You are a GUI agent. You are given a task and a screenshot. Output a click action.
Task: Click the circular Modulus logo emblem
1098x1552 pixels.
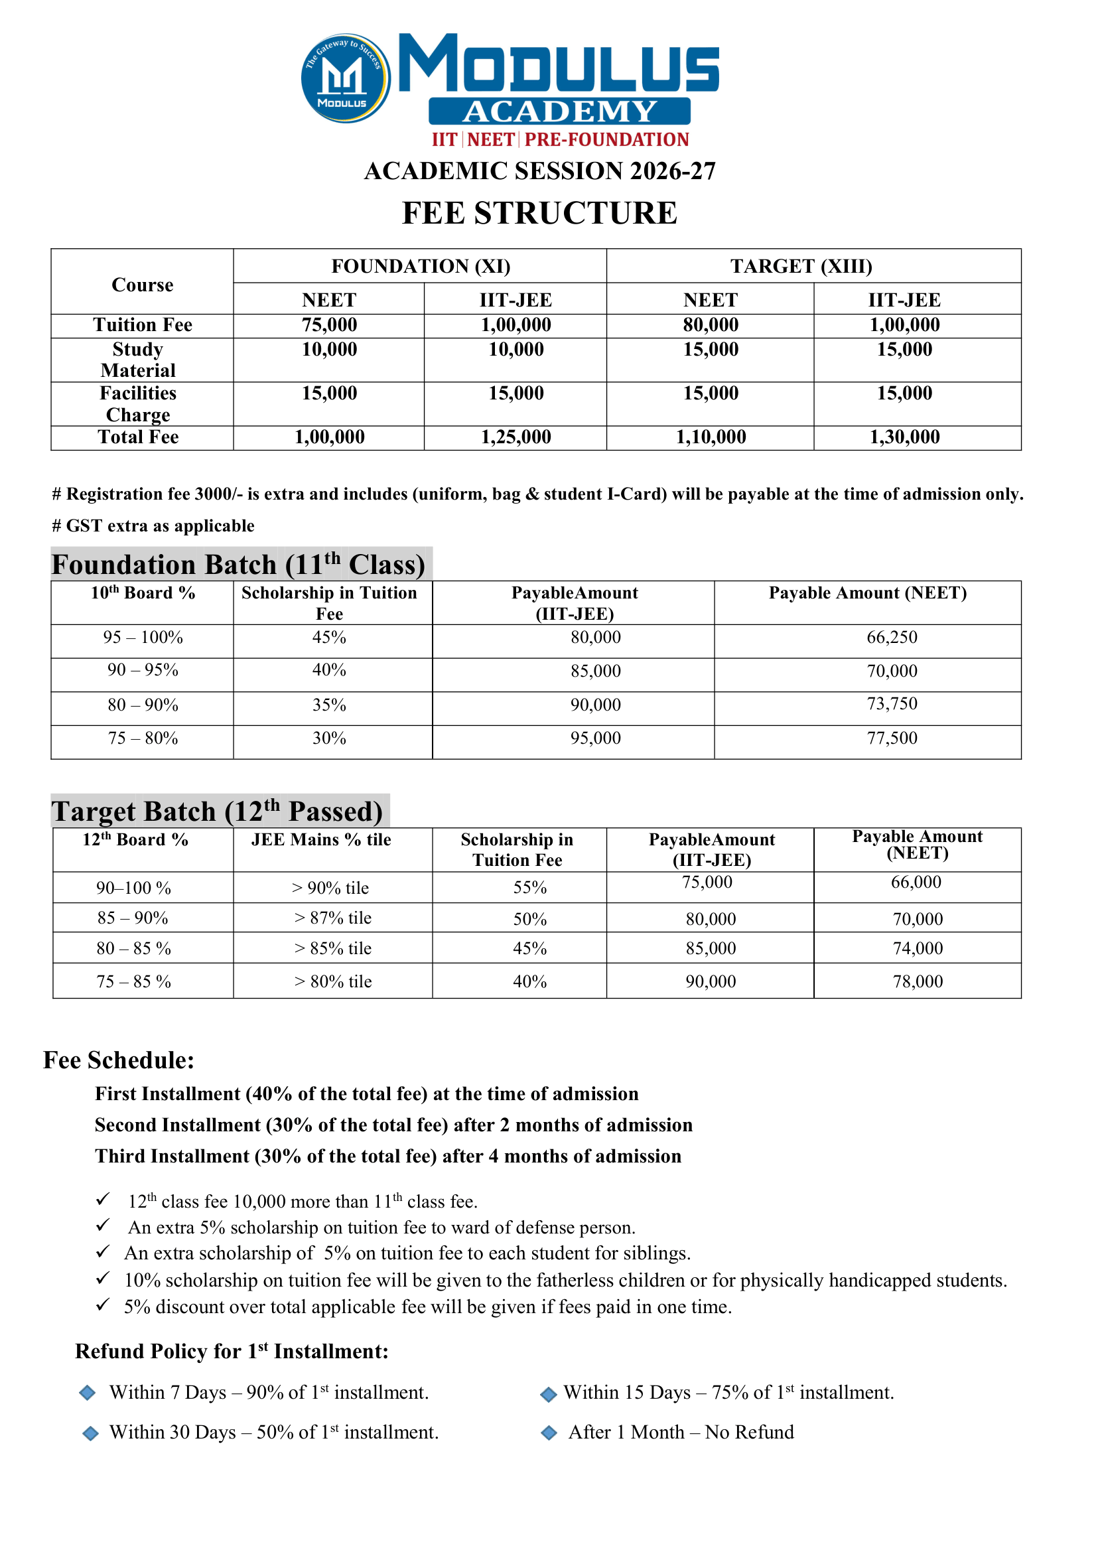pyautogui.click(x=346, y=78)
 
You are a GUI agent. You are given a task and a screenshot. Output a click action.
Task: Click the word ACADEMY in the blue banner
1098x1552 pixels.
pyautogui.click(x=560, y=111)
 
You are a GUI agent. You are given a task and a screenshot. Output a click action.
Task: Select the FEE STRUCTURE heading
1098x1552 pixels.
pyautogui.click(x=539, y=213)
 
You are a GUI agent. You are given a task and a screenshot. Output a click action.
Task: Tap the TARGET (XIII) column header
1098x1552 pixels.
pyautogui.click(x=801, y=267)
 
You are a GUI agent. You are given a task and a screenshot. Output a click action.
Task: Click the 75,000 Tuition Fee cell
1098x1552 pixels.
pyautogui.click(x=329, y=325)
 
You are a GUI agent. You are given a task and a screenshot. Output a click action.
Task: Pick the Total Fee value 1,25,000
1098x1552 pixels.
pyautogui.click(x=516, y=437)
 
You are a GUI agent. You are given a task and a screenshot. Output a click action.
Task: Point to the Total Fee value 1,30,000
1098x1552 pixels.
pyautogui.click(x=904, y=437)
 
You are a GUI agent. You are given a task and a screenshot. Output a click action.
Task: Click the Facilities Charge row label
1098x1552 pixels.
pyautogui.click(x=139, y=403)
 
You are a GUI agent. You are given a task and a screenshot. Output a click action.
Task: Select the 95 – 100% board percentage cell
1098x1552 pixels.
pyautogui.click(x=143, y=638)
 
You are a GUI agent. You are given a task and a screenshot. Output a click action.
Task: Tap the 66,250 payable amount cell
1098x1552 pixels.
pyautogui.click(x=892, y=638)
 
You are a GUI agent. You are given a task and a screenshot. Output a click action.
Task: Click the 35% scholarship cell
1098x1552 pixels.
pyautogui.click(x=329, y=705)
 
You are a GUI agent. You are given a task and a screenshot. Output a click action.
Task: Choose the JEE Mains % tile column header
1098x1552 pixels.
pyautogui.click(x=321, y=840)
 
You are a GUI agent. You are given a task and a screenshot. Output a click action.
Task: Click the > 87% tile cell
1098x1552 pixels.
pyautogui.click(x=332, y=918)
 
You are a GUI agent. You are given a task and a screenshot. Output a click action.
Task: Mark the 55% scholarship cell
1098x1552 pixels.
pyautogui.click(x=529, y=888)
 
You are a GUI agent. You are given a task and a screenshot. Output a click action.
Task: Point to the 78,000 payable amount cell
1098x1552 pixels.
pyautogui.click(x=918, y=982)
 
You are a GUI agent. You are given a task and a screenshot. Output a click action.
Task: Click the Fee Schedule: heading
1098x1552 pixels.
pyautogui.click(x=119, y=1060)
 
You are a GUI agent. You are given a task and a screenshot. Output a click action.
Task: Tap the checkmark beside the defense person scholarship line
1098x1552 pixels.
pyautogui.click(x=103, y=1225)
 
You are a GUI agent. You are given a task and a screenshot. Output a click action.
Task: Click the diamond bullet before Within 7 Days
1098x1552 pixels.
pyautogui.click(x=87, y=1392)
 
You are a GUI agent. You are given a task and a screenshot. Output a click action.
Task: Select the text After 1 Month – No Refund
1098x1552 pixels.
pyautogui.click(x=681, y=1433)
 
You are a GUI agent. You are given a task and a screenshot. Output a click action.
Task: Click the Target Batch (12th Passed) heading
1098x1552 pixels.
pyautogui.click(x=217, y=811)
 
